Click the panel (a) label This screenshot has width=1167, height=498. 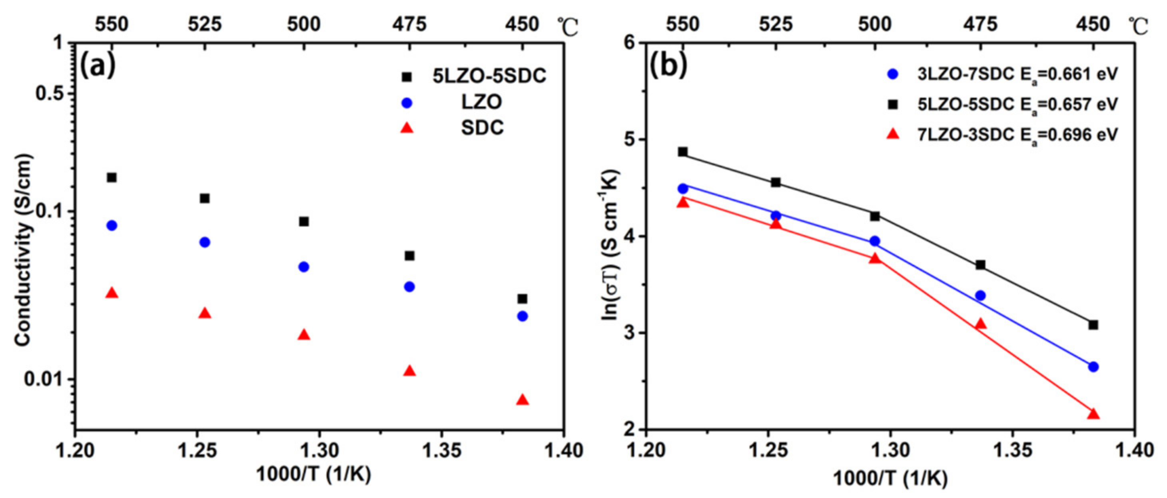(x=98, y=66)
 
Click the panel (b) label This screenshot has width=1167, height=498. (x=668, y=66)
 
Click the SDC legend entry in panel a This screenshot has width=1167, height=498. (x=482, y=128)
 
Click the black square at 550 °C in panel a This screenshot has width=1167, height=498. (x=112, y=177)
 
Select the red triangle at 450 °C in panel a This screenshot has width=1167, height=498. (x=523, y=400)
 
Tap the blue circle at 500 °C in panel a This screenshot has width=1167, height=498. (x=304, y=266)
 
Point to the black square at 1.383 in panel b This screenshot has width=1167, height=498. (x=1093, y=325)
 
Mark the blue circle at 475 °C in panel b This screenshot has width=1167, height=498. (x=980, y=296)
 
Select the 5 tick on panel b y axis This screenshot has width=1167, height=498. (x=630, y=140)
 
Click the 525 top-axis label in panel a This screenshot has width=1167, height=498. (x=205, y=24)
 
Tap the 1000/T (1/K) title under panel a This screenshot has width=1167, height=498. (x=313, y=475)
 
